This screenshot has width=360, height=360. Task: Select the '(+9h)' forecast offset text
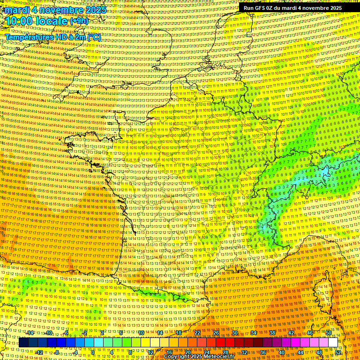(78, 22)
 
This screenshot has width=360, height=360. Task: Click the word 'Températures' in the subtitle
(29, 37)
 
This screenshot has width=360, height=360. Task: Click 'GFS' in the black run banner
(262, 8)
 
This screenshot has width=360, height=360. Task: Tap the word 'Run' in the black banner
(249, 8)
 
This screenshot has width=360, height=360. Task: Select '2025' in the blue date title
(93, 10)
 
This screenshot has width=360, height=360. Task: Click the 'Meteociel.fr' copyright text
(215, 357)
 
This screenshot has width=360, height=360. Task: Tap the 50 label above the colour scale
(329, 333)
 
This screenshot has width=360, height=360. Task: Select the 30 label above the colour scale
(235, 333)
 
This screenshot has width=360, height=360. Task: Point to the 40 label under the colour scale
(281, 352)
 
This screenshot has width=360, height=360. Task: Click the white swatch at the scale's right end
(333, 343)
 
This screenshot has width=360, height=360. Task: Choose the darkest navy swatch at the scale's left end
(23, 343)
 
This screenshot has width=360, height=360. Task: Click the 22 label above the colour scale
(197, 333)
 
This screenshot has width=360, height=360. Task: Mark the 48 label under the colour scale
(319, 352)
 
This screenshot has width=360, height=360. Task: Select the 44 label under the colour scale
(300, 352)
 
